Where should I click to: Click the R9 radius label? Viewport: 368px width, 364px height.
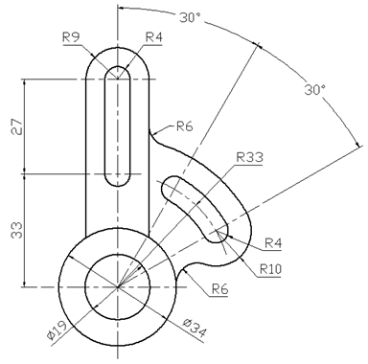click(x=71, y=37)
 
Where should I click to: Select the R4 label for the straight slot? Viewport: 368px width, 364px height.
click(x=153, y=37)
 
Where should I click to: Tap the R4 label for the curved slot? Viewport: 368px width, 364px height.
click(x=273, y=243)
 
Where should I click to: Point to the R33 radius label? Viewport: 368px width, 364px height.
click(x=250, y=157)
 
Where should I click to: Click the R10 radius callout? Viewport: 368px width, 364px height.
click(x=270, y=269)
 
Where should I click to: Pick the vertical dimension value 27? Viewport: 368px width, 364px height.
click(x=17, y=126)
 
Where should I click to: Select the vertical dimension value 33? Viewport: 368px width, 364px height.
click(x=17, y=230)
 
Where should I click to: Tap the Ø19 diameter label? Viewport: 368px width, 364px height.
click(x=57, y=331)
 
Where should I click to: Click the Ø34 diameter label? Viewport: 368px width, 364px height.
click(x=195, y=328)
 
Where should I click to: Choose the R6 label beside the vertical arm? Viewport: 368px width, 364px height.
click(x=185, y=126)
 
